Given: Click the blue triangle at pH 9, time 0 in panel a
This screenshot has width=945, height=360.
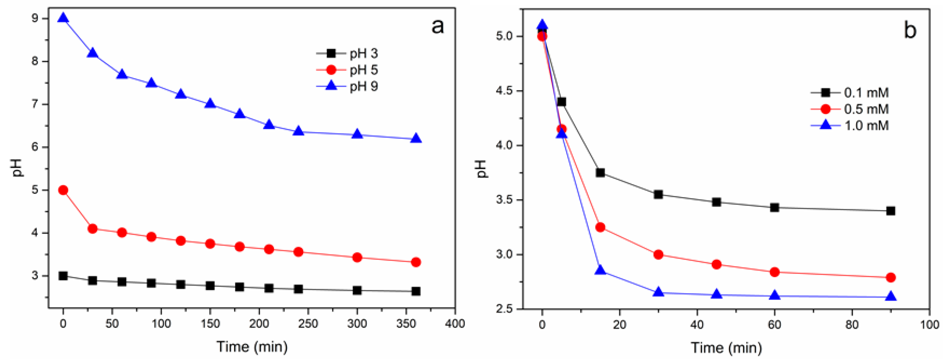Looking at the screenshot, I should point(63,18).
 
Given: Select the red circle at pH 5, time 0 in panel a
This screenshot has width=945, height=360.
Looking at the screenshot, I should point(63,190).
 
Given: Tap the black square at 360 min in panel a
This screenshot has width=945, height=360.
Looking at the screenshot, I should point(416,291).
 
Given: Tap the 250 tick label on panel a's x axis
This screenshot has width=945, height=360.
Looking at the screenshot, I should point(308,324).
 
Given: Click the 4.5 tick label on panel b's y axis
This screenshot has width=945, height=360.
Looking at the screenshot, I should point(503,91).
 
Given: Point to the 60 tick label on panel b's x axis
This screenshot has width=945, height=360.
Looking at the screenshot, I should point(774,325).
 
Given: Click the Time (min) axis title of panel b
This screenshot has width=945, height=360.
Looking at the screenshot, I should point(726,347).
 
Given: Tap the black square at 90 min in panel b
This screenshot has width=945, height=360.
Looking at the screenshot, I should point(891,211).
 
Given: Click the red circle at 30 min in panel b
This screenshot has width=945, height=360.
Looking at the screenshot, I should point(658,255).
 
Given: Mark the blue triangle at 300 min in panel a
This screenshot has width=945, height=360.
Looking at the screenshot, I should point(357,134).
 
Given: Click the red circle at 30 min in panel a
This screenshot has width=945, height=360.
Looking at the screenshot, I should point(92,229).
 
